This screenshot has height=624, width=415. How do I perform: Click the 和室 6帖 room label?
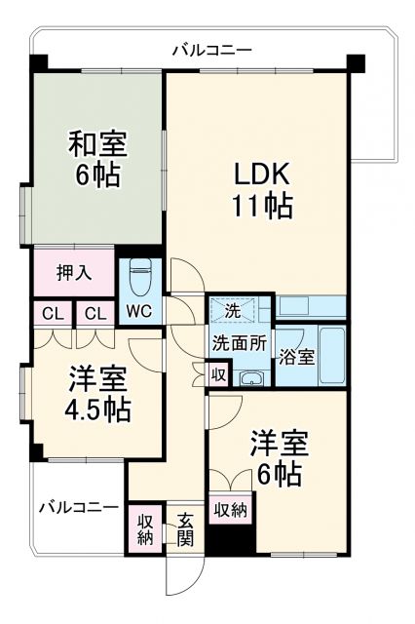pos(95,160)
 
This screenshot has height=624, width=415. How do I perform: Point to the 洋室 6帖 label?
pos(281,457)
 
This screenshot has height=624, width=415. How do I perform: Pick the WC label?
pos(137,314)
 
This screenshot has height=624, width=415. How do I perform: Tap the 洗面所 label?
pos(240,343)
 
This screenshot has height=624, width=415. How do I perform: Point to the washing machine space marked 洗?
pos(233,311)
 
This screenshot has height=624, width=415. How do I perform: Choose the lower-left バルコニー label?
pos(78,507)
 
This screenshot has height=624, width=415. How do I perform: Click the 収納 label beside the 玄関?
pos(145,527)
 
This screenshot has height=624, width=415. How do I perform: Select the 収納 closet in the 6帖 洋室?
pos(229,508)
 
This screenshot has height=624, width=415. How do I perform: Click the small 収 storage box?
pos(219,373)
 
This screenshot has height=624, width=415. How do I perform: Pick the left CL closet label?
pos(49,314)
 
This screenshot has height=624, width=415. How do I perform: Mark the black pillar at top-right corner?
pos(357,65)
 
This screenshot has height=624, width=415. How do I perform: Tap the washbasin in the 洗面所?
pos(252,378)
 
